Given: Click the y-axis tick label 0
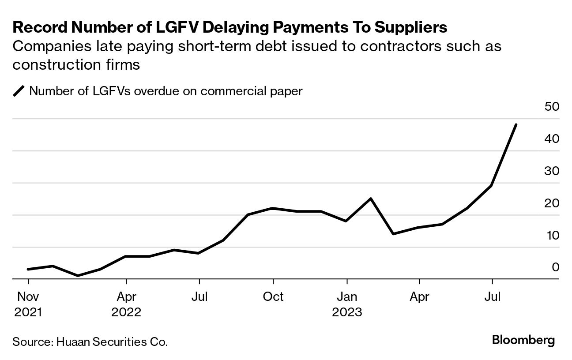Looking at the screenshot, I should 555,267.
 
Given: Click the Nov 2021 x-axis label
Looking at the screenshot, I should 28,304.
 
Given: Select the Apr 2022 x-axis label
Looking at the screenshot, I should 126,304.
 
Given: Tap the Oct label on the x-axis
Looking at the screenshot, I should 273,297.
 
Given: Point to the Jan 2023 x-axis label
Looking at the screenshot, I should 347,304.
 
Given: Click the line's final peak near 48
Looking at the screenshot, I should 516,125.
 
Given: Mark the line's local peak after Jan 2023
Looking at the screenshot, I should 371,199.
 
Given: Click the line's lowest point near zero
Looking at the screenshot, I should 78,276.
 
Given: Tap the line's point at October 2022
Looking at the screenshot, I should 273,208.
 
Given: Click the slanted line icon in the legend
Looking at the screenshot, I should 19,92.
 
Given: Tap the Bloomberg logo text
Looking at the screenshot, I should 523,341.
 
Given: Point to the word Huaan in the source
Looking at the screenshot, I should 71,342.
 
